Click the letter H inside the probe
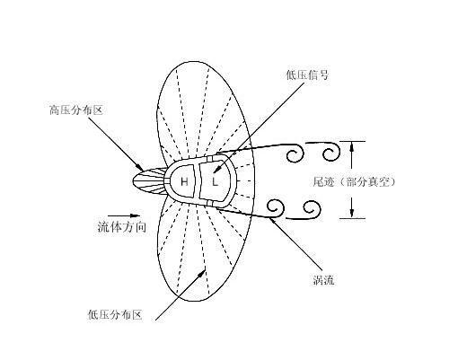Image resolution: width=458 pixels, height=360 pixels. pyautogui.click(x=184, y=181)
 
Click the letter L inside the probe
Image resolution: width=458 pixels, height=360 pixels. pyautogui.click(x=215, y=181)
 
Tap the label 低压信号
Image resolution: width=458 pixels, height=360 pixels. pyautogui.click(x=307, y=75)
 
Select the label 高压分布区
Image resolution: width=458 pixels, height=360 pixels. pyautogui.click(x=76, y=110)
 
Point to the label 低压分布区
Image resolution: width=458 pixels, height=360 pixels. pyautogui.click(x=115, y=315)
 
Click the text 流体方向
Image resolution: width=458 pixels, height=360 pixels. pyautogui.click(x=122, y=227)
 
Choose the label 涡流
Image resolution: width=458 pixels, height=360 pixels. pyautogui.click(x=323, y=280)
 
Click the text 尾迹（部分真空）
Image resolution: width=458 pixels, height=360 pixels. pyautogui.click(x=354, y=181)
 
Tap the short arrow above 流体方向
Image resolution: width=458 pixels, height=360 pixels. pyautogui.click(x=124, y=215)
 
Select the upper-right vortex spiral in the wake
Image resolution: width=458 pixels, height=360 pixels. pyautogui.click(x=331, y=153)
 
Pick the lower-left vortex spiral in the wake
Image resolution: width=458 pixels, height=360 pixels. pyautogui.click(x=276, y=207)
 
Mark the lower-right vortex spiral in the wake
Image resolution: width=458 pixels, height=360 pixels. pyautogui.click(x=312, y=209)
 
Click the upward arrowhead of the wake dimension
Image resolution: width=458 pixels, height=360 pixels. pyautogui.click(x=352, y=146)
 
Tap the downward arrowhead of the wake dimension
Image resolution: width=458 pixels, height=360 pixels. pyautogui.click(x=352, y=213)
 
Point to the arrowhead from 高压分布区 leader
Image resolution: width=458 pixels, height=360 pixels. pyautogui.click(x=140, y=167)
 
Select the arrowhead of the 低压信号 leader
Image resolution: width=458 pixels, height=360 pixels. pyautogui.click(x=217, y=170)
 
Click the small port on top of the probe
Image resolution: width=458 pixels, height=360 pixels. pyautogui.click(x=211, y=158)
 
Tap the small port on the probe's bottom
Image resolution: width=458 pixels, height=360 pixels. pyautogui.click(x=210, y=204)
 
